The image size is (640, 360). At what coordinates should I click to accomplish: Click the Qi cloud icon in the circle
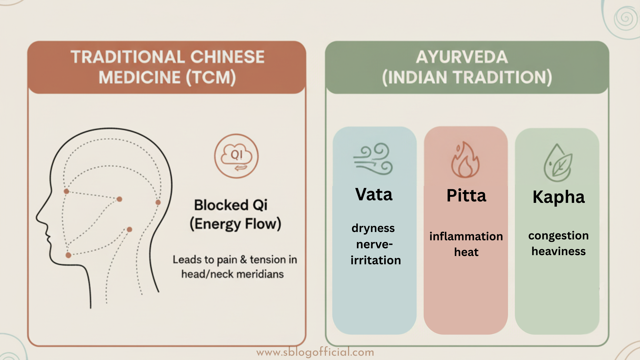(237, 156)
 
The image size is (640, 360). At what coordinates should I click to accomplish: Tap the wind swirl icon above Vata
(373, 159)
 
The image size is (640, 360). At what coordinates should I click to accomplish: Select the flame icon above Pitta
(465, 160)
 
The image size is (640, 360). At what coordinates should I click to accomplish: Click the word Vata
(374, 195)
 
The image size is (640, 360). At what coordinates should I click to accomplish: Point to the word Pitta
(466, 196)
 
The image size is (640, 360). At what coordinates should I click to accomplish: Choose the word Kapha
(559, 197)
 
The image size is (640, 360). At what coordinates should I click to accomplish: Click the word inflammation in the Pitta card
(466, 237)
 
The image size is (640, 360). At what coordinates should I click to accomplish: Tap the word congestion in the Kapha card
(558, 236)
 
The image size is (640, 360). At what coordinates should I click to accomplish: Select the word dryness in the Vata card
(373, 228)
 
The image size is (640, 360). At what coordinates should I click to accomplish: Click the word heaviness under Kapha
(558, 251)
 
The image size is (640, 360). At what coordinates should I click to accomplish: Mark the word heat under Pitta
(466, 252)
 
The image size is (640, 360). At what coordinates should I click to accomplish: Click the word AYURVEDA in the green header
(462, 57)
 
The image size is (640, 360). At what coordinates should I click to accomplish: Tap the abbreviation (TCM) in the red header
(211, 77)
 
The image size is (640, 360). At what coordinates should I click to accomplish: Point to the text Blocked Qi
(231, 205)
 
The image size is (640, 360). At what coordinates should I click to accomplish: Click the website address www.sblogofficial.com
(315, 352)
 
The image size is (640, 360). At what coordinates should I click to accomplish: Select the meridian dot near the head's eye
(66, 191)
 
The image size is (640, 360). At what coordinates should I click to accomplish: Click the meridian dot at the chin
(68, 255)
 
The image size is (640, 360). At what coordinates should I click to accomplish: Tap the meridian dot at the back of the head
(158, 202)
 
